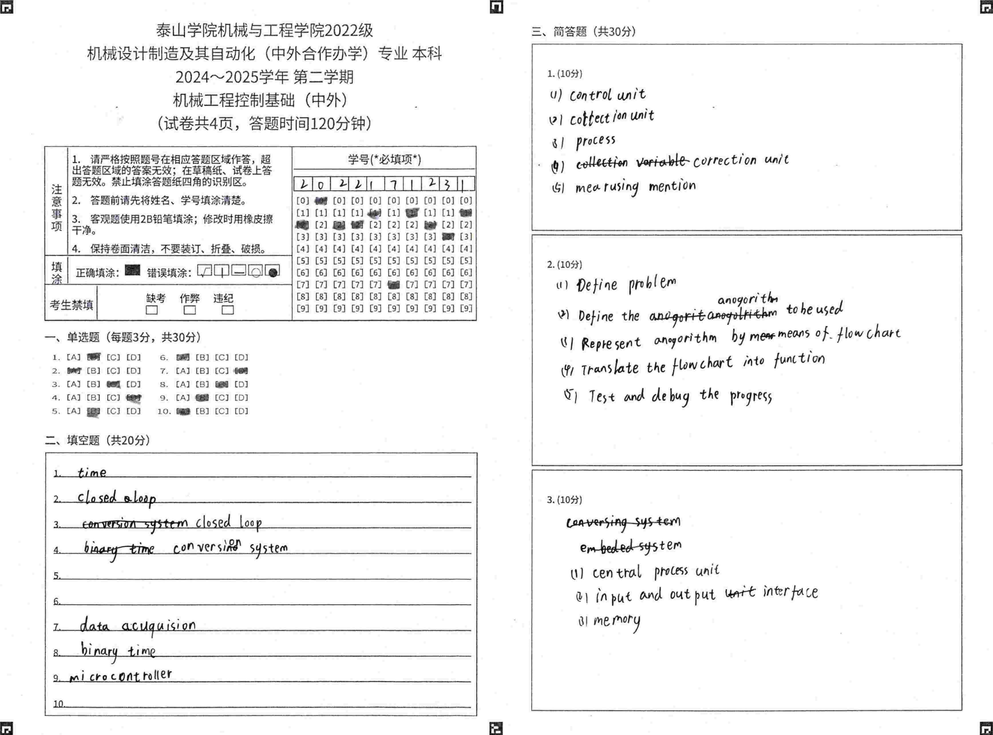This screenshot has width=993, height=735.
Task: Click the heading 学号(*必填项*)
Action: [384, 159]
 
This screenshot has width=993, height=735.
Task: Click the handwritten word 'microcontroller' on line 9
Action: [120, 676]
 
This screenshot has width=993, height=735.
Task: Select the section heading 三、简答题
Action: [583, 31]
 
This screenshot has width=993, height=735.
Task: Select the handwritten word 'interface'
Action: [790, 592]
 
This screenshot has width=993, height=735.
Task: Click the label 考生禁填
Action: [72, 305]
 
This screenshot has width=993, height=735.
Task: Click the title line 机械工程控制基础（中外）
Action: [260, 100]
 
